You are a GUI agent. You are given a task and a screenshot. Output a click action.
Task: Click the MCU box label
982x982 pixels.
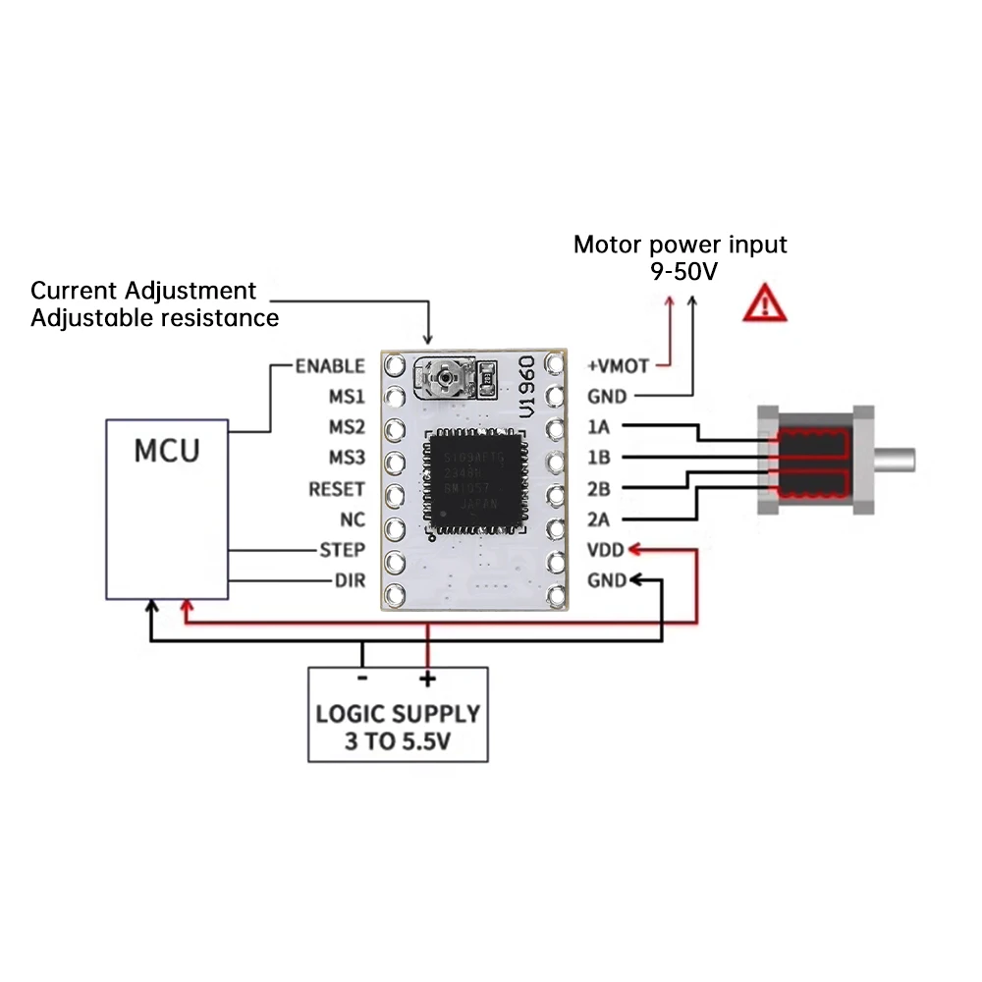pos(167,451)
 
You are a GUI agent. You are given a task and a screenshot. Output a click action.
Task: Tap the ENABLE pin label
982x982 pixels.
pos(330,366)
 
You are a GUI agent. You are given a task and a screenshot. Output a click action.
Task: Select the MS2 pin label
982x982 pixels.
pos(347,428)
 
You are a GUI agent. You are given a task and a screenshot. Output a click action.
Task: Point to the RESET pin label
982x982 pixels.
pos(336,489)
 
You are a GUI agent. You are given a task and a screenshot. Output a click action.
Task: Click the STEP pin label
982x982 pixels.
pos(343,550)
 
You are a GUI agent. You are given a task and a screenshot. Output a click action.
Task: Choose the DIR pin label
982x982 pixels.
pos(350,580)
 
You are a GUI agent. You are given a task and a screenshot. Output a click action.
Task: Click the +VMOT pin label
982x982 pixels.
pos(618,366)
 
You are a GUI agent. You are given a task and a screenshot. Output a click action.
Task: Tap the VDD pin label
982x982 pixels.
pos(605,550)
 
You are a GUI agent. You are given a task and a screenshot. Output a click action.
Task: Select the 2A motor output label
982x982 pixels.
pos(599,519)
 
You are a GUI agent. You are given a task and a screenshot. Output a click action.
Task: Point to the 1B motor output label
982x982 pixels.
pos(599,459)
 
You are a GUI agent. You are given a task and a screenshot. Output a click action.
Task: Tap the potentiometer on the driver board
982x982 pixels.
pos(448,376)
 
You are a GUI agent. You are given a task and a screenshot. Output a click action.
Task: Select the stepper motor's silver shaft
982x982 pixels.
pos(895,459)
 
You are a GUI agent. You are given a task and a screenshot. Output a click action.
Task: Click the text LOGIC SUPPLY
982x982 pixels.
pos(398,714)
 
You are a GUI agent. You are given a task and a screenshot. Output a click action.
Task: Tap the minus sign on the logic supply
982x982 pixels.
pos(362,679)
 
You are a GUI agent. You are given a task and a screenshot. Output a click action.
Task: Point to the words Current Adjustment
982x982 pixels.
pos(143,291)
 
